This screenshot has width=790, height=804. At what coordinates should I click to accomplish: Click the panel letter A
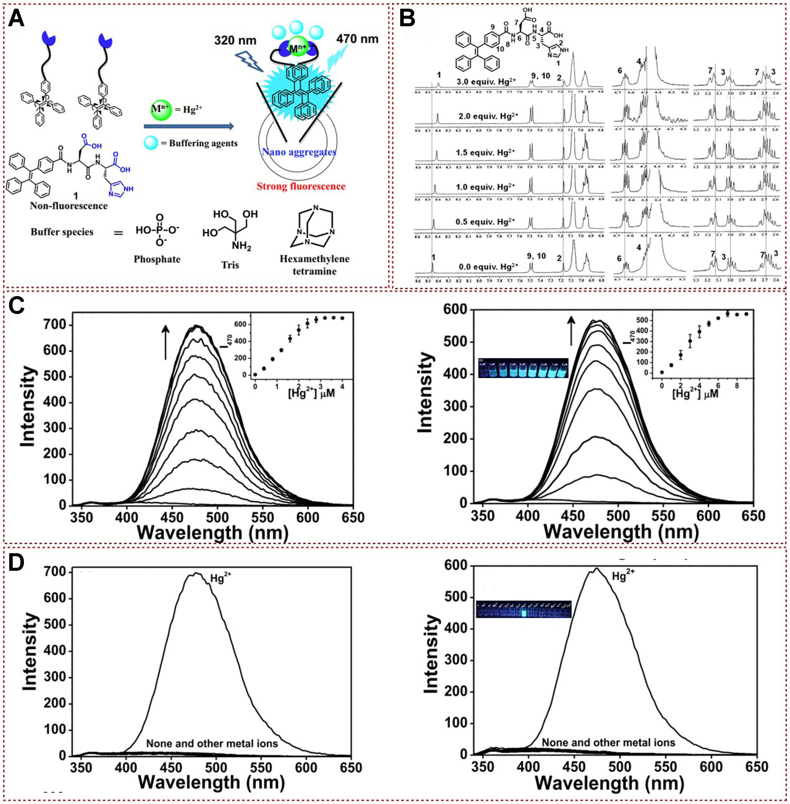tap(17, 19)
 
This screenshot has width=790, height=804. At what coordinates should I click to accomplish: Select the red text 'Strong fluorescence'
tap(301, 186)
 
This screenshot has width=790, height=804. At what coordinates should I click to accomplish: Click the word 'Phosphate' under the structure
tap(157, 259)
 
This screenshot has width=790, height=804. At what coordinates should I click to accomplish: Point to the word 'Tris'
tap(230, 265)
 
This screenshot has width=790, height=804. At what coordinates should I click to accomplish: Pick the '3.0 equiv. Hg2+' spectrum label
tap(486, 82)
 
